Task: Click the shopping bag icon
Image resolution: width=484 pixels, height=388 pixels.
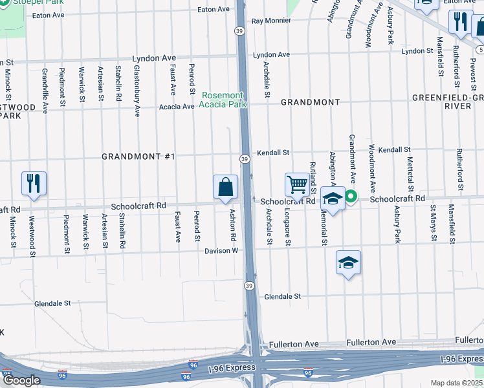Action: point(225,188)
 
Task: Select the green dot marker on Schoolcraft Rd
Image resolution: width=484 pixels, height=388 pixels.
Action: point(351,197)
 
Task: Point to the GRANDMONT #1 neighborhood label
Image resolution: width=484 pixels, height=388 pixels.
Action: point(138,157)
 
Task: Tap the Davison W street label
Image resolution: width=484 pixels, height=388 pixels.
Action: point(222,250)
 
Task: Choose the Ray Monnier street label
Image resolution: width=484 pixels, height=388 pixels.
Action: point(271,21)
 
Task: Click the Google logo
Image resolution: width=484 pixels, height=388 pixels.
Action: point(21,380)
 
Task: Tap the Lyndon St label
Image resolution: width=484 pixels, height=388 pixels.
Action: point(417,51)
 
